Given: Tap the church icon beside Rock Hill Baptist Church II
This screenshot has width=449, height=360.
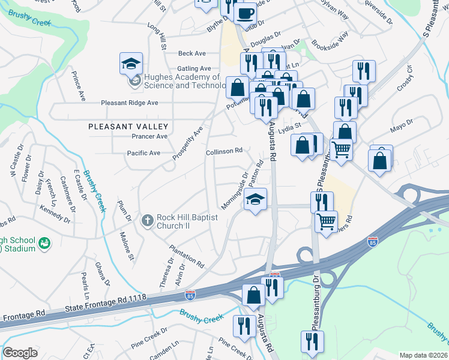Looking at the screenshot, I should [x=148, y=220].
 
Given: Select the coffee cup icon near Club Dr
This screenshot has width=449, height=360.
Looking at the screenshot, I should [x=245, y=13].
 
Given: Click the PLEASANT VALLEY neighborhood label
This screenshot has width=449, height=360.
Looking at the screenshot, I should [x=128, y=127].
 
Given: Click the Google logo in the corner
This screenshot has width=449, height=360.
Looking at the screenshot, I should [x=20, y=352].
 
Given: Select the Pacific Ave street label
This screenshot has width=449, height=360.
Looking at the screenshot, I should [x=143, y=153].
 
